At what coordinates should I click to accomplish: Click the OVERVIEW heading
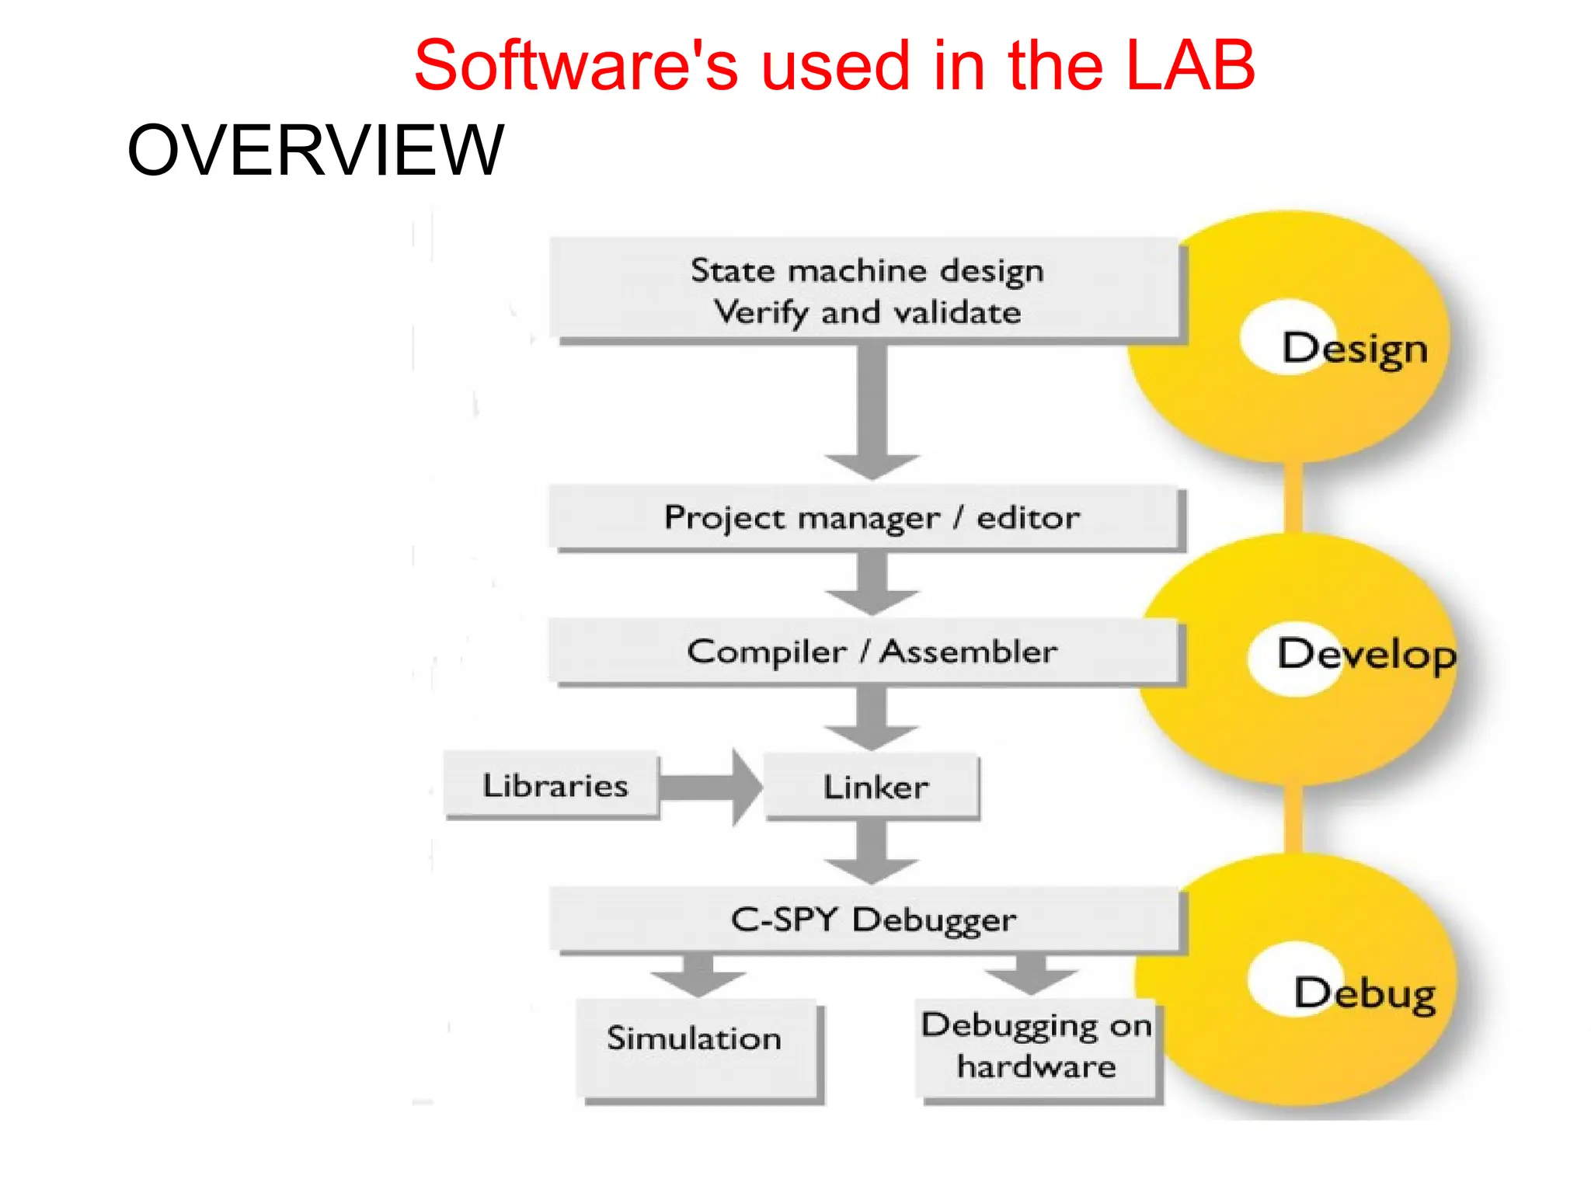pyautogui.click(x=315, y=150)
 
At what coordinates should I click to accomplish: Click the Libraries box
pyautogui.click(x=553, y=785)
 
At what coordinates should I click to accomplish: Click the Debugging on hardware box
pyautogui.click(x=1036, y=1045)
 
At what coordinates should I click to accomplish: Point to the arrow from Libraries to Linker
pyautogui.click(x=709, y=787)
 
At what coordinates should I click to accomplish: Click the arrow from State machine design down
pyautogui.click(x=872, y=412)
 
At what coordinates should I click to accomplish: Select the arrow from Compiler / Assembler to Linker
pyautogui.click(x=872, y=718)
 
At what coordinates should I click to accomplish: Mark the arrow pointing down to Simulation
pyautogui.click(x=698, y=976)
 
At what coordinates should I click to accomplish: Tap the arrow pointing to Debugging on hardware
pyautogui.click(x=1031, y=976)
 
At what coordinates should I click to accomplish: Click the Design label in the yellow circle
pyautogui.click(x=1354, y=348)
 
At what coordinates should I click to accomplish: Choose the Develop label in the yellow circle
pyautogui.click(x=1366, y=654)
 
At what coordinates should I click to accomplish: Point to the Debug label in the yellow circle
pyautogui.click(x=1364, y=993)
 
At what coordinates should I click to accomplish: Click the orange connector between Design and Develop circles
pyautogui.click(x=1293, y=497)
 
